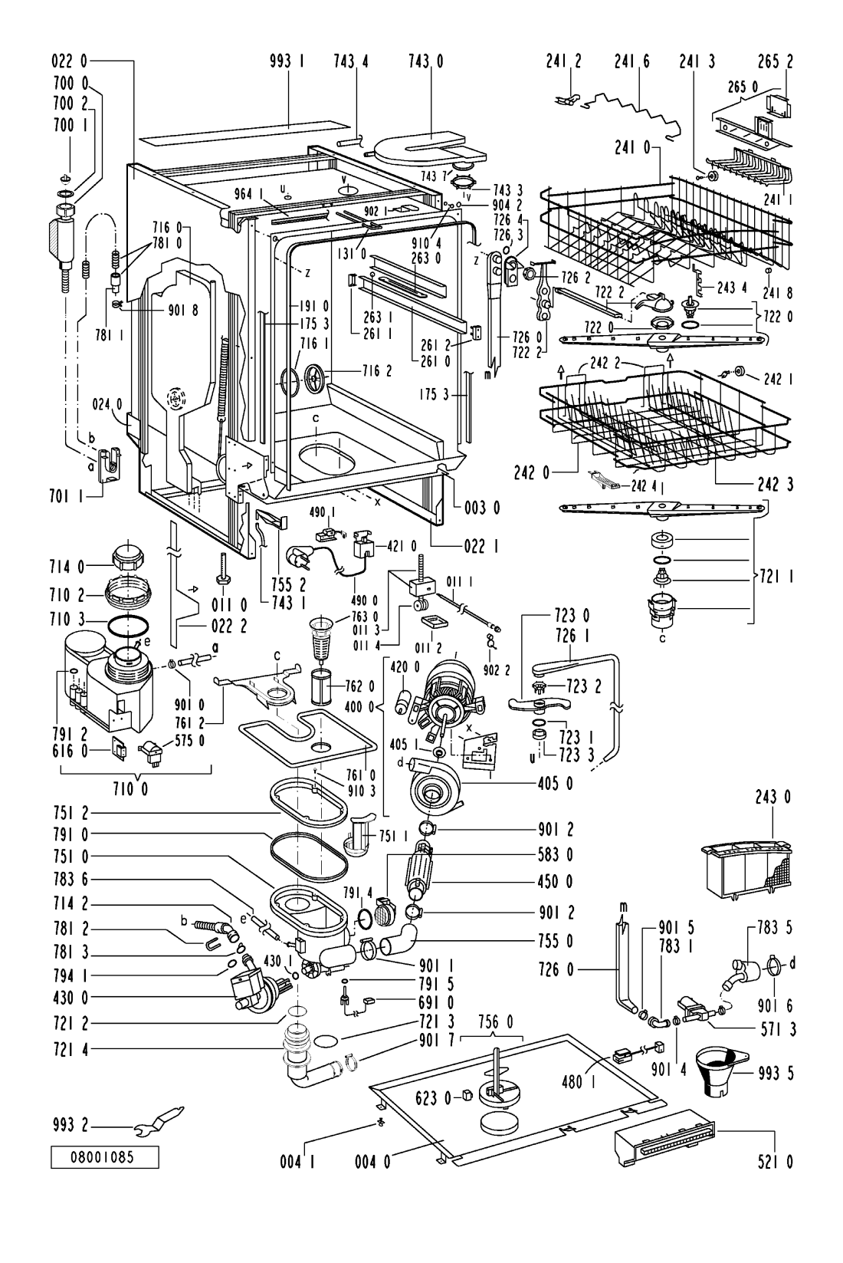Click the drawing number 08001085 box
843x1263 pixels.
(106, 1156)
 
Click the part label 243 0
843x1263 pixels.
(776, 798)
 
